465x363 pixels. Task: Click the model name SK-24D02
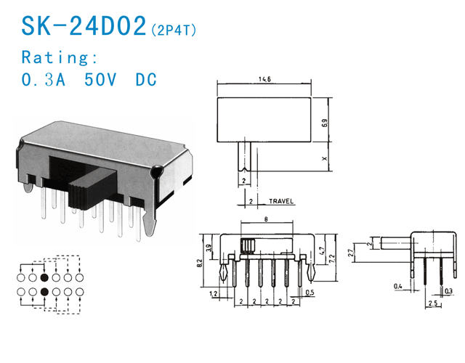click(84, 26)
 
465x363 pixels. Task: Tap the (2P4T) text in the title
click(174, 30)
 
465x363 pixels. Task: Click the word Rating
click(60, 57)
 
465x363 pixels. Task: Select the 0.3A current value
click(44, 79)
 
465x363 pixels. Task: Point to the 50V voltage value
click(100, 79)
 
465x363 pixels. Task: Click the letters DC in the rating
click(146, 79)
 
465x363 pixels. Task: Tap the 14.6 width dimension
click(264, 79)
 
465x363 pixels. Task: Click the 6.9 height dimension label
click(325, 123)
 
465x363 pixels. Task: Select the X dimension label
click(325, 158)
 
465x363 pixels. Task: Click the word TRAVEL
click(281, 201)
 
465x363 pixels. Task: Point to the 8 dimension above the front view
click(266, 219)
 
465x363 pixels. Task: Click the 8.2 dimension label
click(199, 263)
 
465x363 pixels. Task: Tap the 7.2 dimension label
click(332, 259)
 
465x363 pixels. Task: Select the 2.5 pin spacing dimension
click(433, 303)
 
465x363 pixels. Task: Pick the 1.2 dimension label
click(213, 293)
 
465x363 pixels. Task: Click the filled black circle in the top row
click(44, 277)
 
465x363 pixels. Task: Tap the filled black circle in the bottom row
click(44, 292)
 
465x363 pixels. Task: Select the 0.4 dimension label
click(398, 286)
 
